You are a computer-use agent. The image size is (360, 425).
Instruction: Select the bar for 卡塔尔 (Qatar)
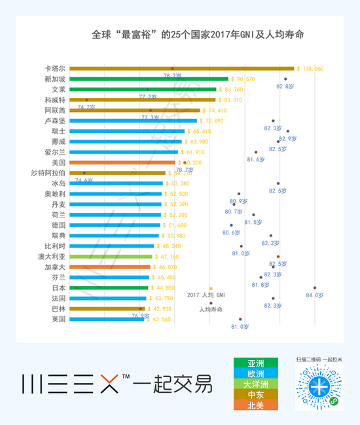tap(182, 68)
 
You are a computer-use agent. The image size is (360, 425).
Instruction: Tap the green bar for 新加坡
tap(149, 79)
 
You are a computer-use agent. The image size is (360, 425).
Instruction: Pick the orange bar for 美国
tap(122, 162)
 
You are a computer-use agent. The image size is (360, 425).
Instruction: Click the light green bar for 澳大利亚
tap(111, 257)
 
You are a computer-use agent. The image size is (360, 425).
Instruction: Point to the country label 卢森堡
tap(54, 121)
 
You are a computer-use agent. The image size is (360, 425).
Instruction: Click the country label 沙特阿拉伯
tap(48, 173)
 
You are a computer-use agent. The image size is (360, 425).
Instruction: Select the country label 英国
tap(58, 320)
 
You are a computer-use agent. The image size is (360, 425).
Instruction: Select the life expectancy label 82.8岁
tap(285, 86)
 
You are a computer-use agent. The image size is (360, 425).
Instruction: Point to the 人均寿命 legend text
tap(210, 309)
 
